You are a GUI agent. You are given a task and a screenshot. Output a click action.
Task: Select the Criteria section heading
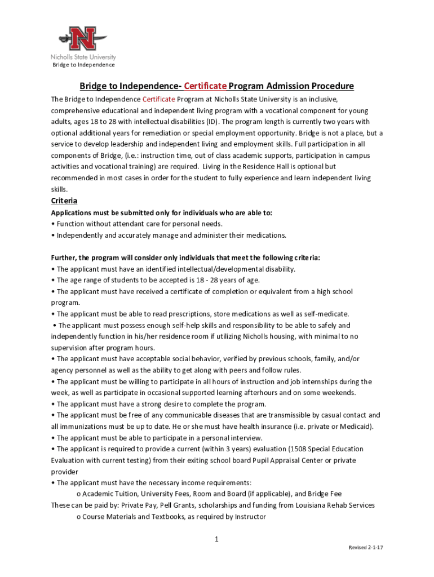pyautogui.click(x=64, y=201)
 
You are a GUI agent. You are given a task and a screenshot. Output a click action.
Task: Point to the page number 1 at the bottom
pyautogui.click(x=216, y=539)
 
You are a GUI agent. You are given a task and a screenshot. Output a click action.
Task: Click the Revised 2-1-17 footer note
pyautogui.click(x=366, y=548)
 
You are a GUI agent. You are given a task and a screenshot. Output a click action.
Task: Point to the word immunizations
pyautogui.click(x=81, y=427)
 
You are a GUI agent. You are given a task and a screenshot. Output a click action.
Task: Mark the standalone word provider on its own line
pyautogui.click(x=65, y=472)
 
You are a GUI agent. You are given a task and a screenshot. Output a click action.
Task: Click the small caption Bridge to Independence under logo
pyautogui.click(x=83, y=65)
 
